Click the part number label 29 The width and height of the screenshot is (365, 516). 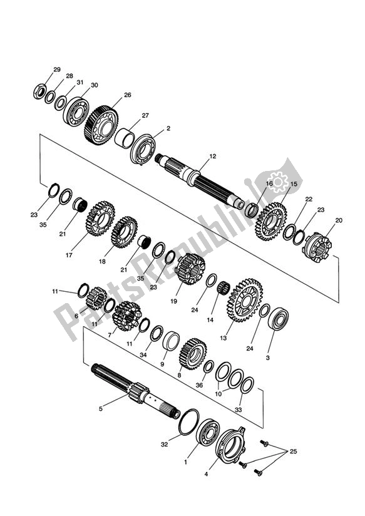coord(57,69)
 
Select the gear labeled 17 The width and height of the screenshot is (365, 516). coord(98,220)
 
